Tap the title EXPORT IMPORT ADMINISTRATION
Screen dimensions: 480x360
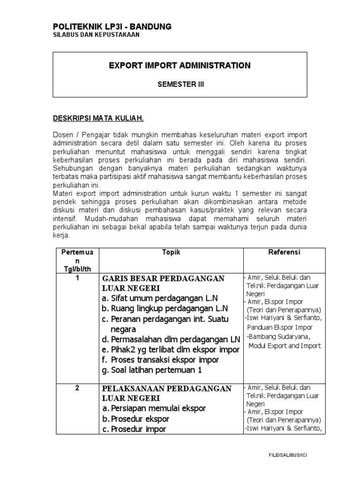pyautogui.click(x=180, y=66)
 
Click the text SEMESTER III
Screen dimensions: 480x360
pyautogui.click(x=180, y=84)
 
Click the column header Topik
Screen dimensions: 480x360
pyautogui.click(x=171, y=252)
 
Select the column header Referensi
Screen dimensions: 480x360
pyautogui.click(x=284, y=252)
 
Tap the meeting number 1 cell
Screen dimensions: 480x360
pyautogui.click(x=77, y=277)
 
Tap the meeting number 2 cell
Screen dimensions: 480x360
pyautogui.click(x=77, y=388)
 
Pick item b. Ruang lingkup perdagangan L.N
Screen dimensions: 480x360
pyautogui.click(x=165, y=308)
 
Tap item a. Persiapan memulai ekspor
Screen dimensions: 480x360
pyautogui.click(x=154, y=408)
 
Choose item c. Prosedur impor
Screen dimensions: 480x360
pyautogui.click(x=134, y=429)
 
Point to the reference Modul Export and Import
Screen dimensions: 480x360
pyautogui.click(x=284, y=346)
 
